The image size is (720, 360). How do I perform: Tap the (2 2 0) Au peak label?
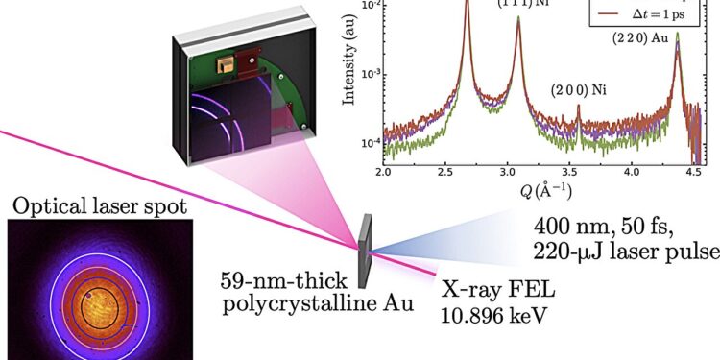click(x=639, y=39)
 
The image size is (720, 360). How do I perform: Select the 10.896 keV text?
click(x=488, y=312)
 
